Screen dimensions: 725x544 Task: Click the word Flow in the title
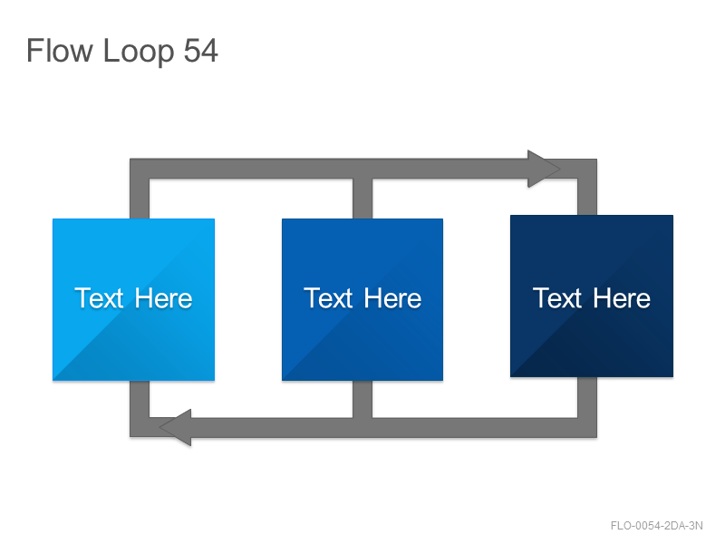[60, 51]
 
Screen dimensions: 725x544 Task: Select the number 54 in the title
[200, 51]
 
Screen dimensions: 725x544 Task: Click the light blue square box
[133, 300]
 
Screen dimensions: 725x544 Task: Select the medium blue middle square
[362, 300]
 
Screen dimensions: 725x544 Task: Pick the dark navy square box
[592, 296]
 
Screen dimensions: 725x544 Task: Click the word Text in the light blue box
[99, 298]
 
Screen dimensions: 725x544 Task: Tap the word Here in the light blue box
[163, 298]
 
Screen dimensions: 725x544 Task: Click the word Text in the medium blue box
[328, 298]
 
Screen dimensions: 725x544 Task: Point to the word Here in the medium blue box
[392, 298]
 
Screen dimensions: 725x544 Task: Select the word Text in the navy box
[557, 298]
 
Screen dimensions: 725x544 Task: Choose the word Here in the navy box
[622, 298]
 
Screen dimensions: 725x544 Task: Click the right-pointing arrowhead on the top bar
[544, 169]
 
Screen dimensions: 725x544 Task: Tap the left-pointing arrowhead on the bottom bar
[175, 427]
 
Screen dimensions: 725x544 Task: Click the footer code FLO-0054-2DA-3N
[656, 526]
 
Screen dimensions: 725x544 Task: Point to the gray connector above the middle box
[362, 199]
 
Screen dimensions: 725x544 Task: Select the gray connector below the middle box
[362, 399]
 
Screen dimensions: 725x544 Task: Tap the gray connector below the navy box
[587, 397]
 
